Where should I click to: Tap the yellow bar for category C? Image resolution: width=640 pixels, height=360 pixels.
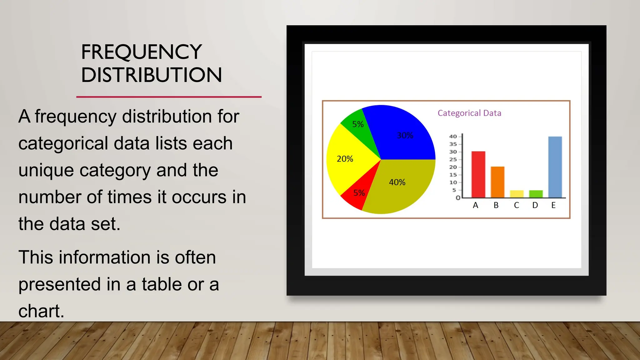(517, 194)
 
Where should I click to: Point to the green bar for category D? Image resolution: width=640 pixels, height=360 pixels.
(536, 194)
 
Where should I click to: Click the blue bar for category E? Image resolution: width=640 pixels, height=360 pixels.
(555, 167)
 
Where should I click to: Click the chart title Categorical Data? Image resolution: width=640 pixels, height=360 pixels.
(469, 113)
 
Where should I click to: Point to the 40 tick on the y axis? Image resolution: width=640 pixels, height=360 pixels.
(453, 137)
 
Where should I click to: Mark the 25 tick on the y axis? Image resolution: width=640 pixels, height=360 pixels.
(453, 159)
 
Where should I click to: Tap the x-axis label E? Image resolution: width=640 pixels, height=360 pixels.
(553, 205)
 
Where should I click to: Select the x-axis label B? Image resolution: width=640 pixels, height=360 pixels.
(496, 205)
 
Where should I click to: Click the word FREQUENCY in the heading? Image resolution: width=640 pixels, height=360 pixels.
(141, 52)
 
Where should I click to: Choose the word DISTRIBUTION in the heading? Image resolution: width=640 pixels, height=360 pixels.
(151, 75)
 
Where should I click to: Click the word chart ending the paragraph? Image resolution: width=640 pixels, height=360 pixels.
(41, 311)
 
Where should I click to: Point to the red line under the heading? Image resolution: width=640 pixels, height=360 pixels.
(169, 97)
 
